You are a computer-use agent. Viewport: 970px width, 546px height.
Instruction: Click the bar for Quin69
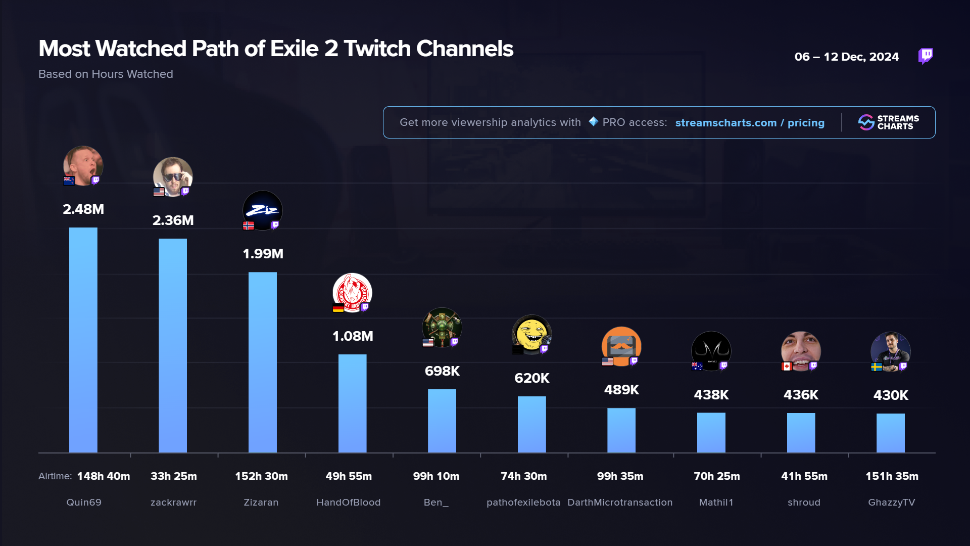(x=83, y=340)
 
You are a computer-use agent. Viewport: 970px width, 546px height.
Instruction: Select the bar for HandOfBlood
(x=352, y=403)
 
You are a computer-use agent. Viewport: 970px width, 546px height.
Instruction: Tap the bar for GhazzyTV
(x=891, y=433)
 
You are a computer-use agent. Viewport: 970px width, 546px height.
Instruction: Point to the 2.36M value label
(x=173, y=220)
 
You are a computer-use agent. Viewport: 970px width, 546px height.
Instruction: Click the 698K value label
(x=442, y=371)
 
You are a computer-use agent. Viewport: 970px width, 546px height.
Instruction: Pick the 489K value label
(x=621, y=390)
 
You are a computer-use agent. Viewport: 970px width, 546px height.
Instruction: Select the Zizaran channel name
(x=261, y=503)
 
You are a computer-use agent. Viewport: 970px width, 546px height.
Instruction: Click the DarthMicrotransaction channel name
(x=620, y=503)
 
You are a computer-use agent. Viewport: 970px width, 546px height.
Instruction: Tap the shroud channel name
(x=804, y=503)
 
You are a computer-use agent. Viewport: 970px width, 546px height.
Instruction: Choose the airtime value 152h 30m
(x=261, y=476)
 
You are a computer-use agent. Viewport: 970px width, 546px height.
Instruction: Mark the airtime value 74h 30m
(x=524, y=476)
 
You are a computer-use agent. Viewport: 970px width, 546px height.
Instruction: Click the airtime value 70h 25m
(x=716, y=476)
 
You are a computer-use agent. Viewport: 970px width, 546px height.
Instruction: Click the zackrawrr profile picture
(x=173, y=177)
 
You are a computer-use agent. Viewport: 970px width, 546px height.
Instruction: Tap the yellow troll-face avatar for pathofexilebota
(x=531, y=334)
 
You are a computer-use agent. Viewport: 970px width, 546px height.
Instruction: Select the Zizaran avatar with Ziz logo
(x=263, y=210)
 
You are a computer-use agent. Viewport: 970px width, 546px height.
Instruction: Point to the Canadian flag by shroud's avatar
(x=787, y=367)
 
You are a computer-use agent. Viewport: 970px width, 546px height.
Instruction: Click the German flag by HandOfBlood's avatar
(x=338, y=308)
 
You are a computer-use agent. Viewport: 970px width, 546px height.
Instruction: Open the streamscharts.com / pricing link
(x=750, y=123)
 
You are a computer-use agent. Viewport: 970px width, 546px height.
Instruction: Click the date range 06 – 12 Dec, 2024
(x=846, y=57)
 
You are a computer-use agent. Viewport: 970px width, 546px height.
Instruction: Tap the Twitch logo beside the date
(x=926, y=56)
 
